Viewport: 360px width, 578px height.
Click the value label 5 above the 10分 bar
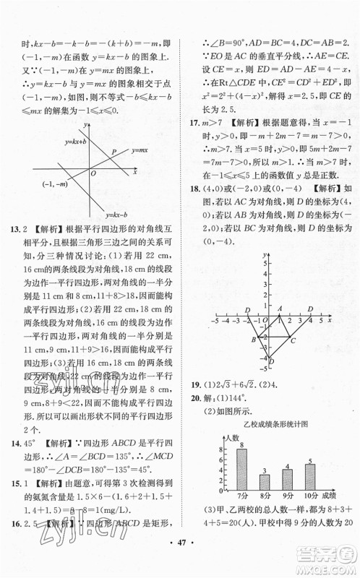[310, 459]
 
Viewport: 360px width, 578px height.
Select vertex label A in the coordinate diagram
[280, 309]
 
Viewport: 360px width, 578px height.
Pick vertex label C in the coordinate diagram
[293, 341]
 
